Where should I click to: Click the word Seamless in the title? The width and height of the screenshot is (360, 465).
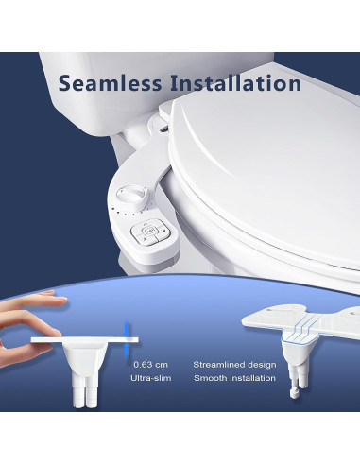pyautogui.click(x=112, y=82)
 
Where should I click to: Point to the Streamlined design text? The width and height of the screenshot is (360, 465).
pyautogui.click(x=233, y=363)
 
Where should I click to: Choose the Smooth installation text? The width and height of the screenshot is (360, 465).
pyautogui.click(x=233, y=378)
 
